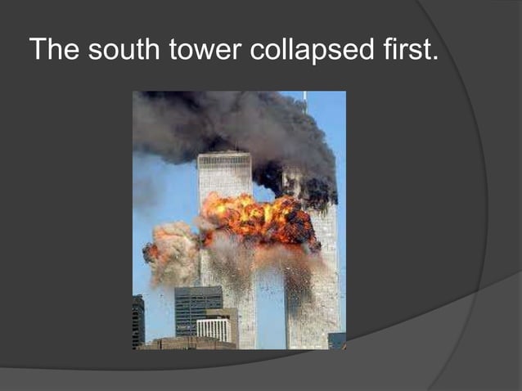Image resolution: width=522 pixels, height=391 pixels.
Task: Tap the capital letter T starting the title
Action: coord(38,50)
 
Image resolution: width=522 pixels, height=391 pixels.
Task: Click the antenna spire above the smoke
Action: coord(304,99)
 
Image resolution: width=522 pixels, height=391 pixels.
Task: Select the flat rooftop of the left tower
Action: coord(224,154)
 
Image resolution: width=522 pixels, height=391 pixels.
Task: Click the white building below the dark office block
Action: coord(214,330)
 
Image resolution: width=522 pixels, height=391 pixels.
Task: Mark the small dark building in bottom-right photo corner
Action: coord(336,340)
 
